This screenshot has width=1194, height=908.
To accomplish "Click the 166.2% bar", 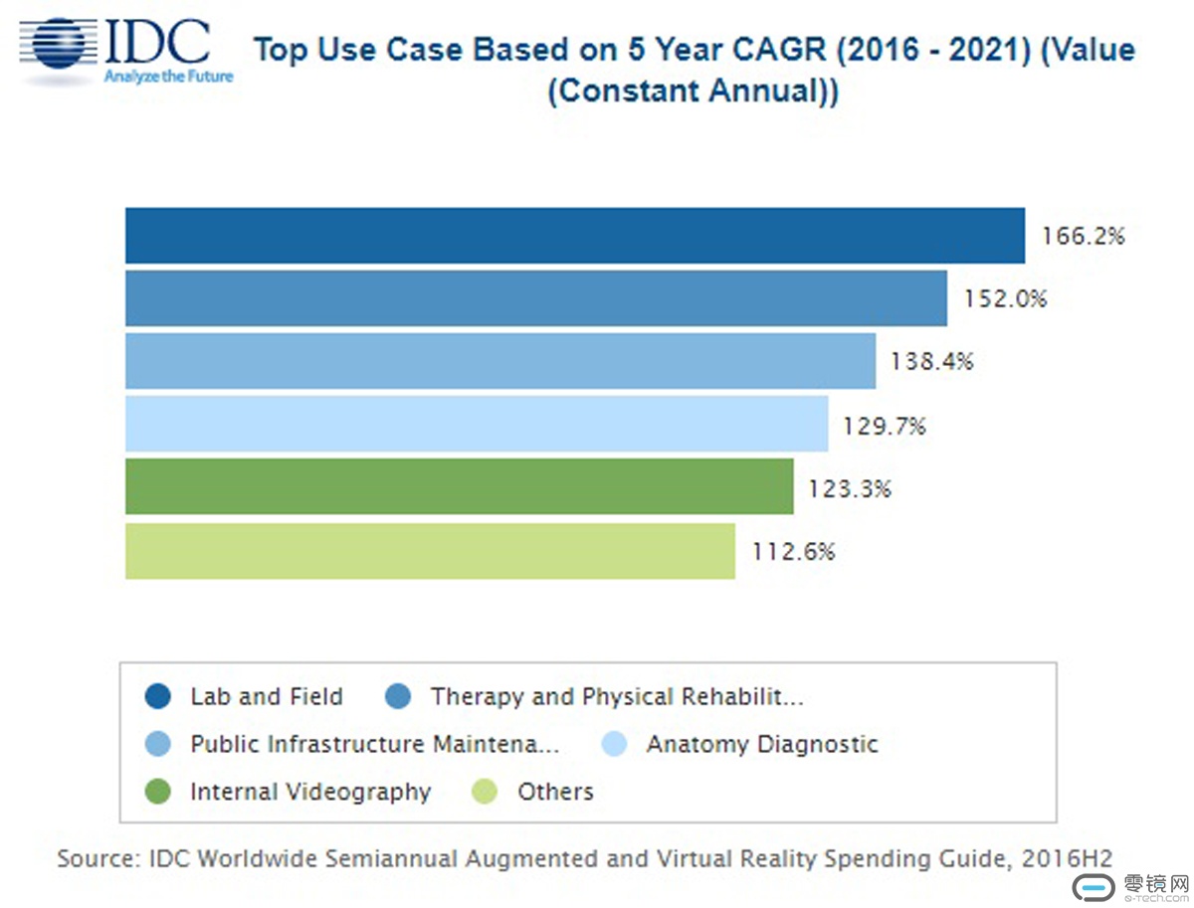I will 574,236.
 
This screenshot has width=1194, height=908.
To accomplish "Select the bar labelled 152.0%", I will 535,298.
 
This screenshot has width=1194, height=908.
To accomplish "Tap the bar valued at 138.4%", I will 499,362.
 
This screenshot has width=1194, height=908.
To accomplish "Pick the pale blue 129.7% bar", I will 476,425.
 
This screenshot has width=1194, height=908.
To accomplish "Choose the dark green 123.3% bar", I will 459,487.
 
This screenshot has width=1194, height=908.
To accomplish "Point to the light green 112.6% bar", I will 430,551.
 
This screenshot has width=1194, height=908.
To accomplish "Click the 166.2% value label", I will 1083,237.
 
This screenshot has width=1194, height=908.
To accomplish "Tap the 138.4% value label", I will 932,362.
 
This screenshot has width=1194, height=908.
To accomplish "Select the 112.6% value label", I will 793,551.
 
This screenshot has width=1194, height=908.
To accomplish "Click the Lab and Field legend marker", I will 157,696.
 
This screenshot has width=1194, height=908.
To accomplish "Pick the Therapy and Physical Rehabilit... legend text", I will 616,696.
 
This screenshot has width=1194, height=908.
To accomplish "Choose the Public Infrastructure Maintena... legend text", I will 374,744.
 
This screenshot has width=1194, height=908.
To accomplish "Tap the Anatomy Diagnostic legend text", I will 762,744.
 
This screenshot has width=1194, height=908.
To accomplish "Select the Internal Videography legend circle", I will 157,792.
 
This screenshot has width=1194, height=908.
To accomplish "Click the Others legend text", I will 555,792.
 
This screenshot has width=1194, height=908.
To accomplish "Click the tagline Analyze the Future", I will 168,77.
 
